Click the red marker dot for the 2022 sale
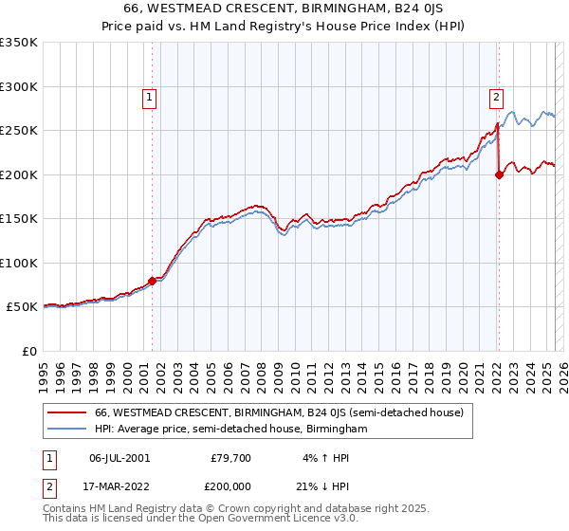pos(499,174)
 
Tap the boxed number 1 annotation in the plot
pos(150,96)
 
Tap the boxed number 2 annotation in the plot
pos(497,96)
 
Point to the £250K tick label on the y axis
pos(18,131)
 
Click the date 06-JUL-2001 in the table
pos(119,458)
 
